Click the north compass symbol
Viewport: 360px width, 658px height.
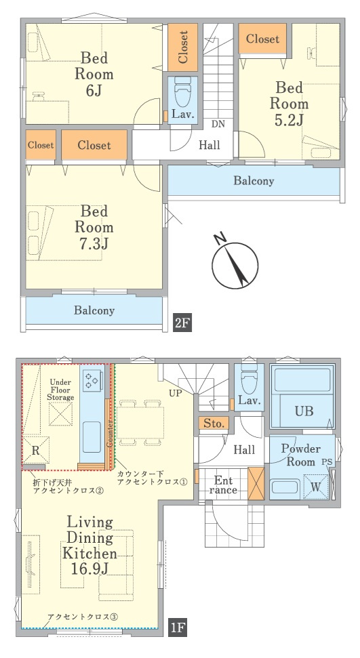click(x=235, y=265)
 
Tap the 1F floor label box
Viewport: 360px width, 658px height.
click(x=178, y=628)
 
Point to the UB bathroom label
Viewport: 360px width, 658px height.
click(x=304, y=411)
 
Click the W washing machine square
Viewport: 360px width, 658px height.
click(x=315, y=487)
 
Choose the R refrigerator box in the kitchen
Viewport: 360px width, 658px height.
click(x=36, y=450)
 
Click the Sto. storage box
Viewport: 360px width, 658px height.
click(x=214, y=424)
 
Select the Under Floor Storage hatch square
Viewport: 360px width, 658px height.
click(x=60, y=414)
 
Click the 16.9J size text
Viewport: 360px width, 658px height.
click(x=90, y=569)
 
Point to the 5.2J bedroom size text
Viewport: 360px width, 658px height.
click(x=289, y=119)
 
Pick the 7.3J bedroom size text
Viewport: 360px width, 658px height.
click(x=94, y=243)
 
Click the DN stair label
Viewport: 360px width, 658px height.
click(x=218, y=124)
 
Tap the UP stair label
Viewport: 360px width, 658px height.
click(x=175, y=394)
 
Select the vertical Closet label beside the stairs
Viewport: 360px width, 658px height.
click(x=183, y=47)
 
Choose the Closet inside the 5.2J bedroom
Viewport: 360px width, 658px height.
click(x=262, y=39)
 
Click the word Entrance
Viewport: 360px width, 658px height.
click(x=223, y=485)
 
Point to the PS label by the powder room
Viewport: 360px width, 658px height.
click(x=327, y=461)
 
